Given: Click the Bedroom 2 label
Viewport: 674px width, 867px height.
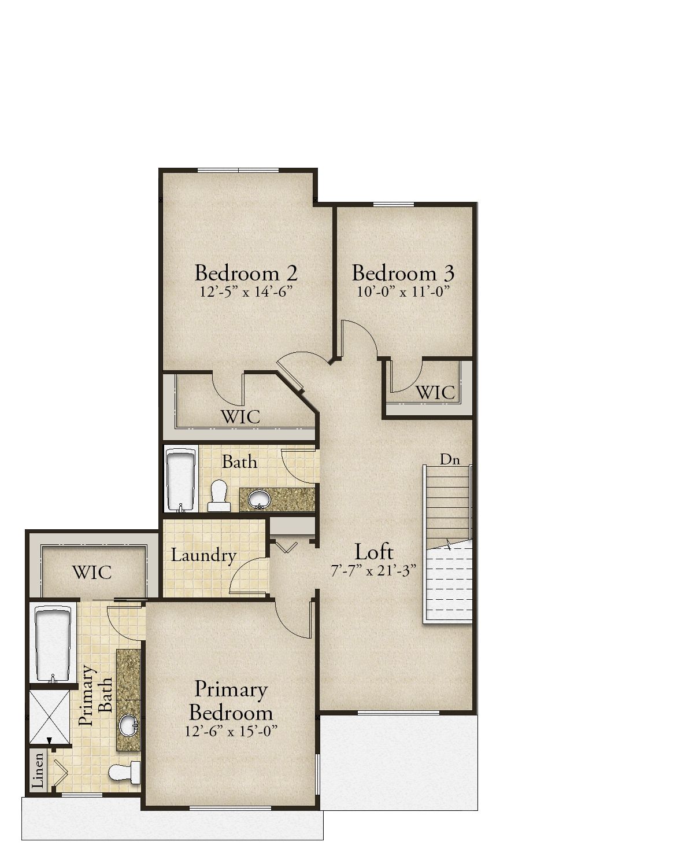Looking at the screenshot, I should click(246, 272).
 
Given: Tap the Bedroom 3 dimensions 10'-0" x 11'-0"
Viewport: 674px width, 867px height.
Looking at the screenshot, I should click(402, 290).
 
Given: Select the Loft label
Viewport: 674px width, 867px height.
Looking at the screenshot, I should click(373, 551).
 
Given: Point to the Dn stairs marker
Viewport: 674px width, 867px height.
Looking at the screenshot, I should click(450, 460).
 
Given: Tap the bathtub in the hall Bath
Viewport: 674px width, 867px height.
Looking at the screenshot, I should click(180, 479).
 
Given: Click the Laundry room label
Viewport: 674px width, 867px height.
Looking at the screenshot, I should click(203, 556).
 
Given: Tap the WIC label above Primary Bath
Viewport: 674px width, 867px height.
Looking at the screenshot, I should click(92, 573).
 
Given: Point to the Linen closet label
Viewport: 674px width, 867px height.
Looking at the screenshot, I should click(38, 770).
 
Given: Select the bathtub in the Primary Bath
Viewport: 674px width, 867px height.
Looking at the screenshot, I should click(53, 644).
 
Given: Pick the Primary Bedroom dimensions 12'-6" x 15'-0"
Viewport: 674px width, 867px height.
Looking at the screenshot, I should click(231, 732).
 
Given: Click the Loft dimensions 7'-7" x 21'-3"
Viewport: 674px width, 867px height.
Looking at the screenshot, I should click(373, 571).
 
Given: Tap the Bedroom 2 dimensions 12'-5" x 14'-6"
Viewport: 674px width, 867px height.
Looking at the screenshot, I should click(246, 292).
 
